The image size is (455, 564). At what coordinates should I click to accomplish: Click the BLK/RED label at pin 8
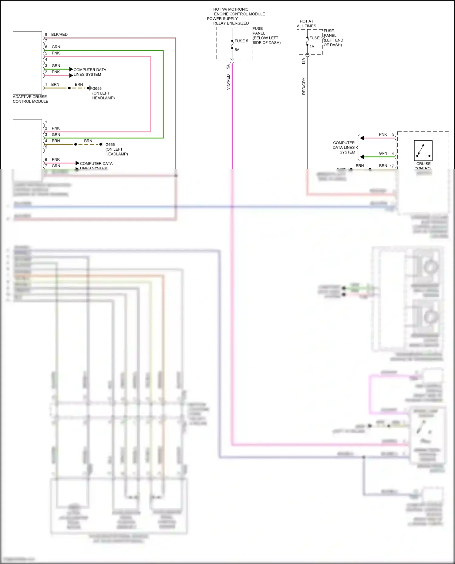[59, 35]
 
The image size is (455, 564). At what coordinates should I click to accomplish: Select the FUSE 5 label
[241, 41]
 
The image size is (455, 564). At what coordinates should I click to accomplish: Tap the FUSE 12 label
[316, 38]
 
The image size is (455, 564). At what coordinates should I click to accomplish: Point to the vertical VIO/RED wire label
[228, 82]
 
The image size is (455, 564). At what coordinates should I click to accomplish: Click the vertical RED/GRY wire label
[304, 86]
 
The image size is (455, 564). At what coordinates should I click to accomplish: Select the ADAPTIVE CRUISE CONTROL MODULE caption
[30, 99]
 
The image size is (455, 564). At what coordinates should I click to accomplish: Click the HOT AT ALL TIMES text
[307, 24]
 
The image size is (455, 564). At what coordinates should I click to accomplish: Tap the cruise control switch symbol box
[423, 150]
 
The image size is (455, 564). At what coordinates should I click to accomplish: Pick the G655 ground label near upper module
[97, 88]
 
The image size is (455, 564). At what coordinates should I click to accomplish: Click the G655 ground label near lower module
[110, 145]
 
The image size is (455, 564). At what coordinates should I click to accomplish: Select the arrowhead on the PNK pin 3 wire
[362, 138]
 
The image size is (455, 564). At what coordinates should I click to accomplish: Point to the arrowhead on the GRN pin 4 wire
[362, 157]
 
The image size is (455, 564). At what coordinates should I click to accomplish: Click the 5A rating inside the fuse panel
[237, 50]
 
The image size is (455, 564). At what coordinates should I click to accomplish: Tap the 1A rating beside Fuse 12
[312, 47]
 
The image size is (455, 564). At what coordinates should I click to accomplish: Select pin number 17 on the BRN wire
[392, 166]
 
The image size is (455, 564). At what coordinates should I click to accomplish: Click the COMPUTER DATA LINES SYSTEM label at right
[344, 148]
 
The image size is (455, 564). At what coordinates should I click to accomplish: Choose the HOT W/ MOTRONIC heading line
[231, 9]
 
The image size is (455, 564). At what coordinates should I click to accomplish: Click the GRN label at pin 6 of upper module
[56, 47]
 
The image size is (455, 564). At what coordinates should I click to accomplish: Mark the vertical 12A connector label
[304, 61]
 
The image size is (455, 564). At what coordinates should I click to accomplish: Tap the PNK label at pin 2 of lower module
[56, 128]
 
